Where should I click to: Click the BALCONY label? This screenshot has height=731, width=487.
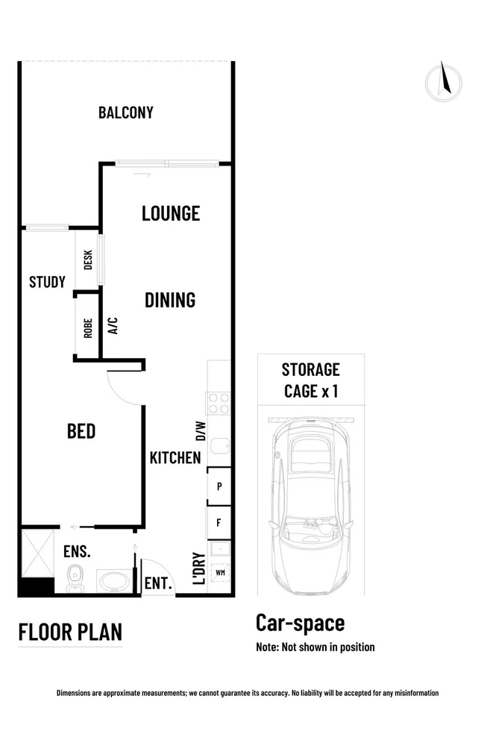pos(125,113)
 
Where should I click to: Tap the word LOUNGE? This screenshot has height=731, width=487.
pos(171,213)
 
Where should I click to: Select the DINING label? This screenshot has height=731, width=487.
pos(169,300)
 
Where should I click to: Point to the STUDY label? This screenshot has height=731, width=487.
pos(47,282)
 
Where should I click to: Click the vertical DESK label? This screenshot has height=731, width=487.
pos(88,260)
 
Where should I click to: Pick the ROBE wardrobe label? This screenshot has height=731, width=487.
pos(88,328)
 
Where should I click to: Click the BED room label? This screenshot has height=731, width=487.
pos(81,431)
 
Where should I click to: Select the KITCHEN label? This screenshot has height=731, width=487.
pos(175,457)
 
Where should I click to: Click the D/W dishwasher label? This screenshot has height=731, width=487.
pos(199,430)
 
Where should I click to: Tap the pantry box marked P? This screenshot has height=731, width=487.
pos(219,486)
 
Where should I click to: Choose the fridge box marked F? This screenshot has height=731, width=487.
pos(219,522)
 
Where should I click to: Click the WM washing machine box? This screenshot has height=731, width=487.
pos(220,573)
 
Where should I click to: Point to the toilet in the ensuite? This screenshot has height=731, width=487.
pos(75,577)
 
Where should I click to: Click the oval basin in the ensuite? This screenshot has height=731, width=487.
pos(112,580)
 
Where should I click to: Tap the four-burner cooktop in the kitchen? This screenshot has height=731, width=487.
pos(219,404)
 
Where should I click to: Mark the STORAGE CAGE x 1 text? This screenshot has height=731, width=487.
pos(310,380)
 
